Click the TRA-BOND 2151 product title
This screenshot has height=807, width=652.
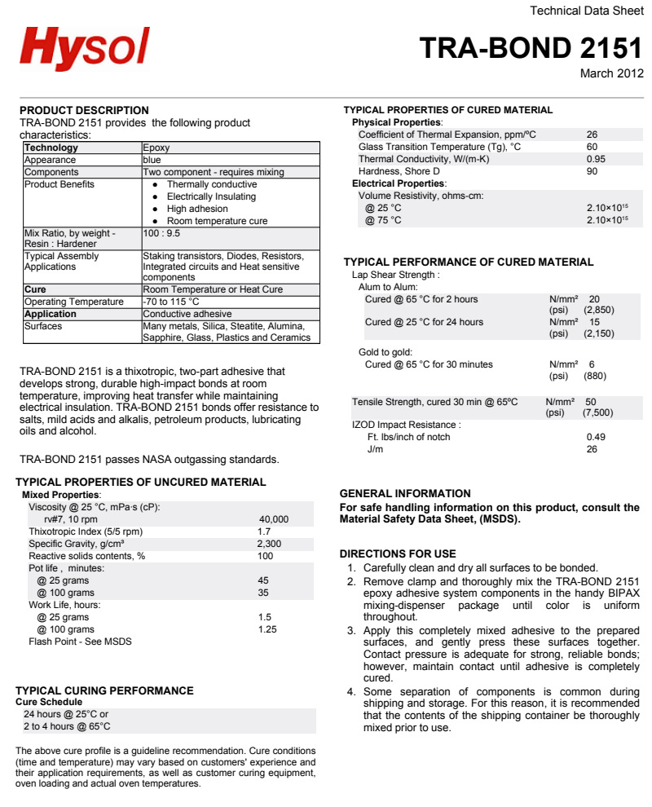coord(531,48)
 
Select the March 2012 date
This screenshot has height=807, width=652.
coord(611,73)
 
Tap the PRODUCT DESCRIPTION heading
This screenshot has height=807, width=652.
coord(84,110)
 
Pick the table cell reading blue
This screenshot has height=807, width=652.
coord(152,160)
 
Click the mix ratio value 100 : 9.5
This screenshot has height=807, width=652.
coord(164,233)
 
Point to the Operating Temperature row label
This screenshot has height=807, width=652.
coord(73,302)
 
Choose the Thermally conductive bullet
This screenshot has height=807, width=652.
coord(211,184)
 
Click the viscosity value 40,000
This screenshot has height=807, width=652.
coord(273,519)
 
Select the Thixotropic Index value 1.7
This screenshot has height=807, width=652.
coord(264,531)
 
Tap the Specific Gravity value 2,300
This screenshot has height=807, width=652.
coord(269,544)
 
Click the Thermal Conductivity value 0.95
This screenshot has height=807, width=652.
coord(596,159)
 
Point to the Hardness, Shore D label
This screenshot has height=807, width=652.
coord(399,171)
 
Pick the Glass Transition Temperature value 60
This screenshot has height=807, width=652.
coord(592,147)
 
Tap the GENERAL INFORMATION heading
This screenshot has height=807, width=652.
coord(405,493)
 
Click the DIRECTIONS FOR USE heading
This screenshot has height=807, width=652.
coord(398,553)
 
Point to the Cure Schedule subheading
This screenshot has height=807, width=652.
coord(49,702)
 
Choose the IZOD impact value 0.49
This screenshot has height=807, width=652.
coord(596,437)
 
